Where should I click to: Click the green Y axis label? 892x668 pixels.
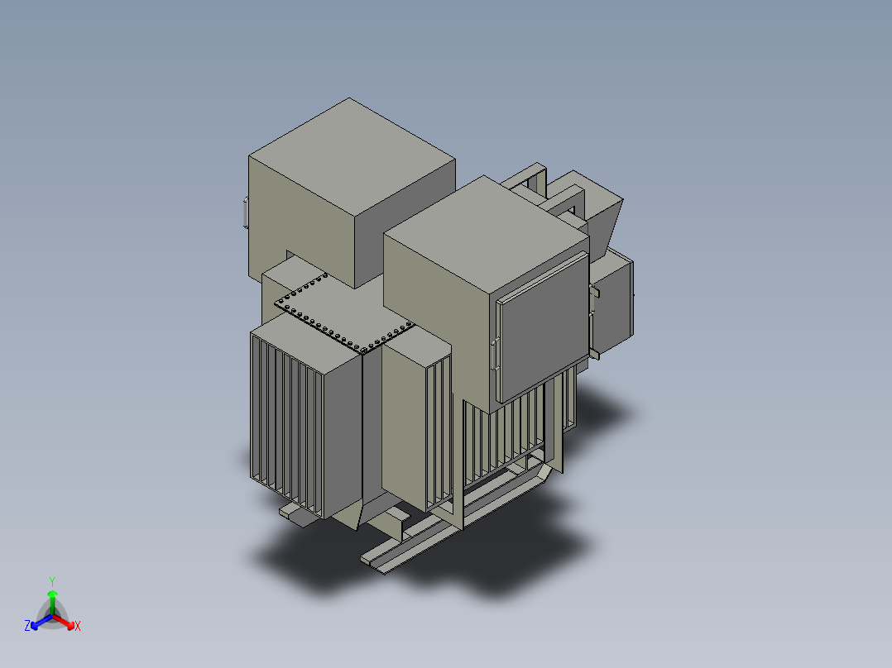point(52,581)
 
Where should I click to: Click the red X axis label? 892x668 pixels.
point(78,627)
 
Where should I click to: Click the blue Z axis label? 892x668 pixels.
point(27,627)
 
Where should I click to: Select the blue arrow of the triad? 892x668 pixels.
point(39,621)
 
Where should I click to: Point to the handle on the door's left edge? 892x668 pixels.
point(494,354)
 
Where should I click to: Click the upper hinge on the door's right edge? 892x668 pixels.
point(593,291)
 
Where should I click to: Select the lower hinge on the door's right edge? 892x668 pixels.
point(593,354)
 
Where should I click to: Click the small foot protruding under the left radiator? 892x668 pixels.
point(292,513)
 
